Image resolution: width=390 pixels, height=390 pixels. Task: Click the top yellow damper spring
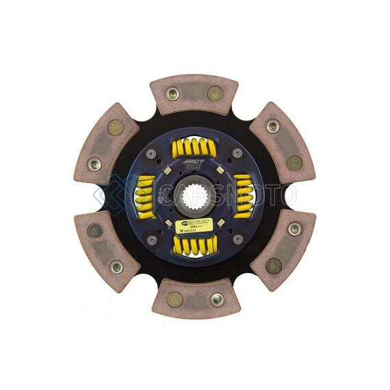[x=194, y=148]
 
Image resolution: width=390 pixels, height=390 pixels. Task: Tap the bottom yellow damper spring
[x=194, y=244]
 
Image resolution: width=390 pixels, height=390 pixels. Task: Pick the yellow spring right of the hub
[x=243, y=196]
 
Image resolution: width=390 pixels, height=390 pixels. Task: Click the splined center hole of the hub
[x=195, y=196]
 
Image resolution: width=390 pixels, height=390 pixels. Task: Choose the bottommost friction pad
[x=195, y=299]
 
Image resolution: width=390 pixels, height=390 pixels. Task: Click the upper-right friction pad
[x=283, y=144]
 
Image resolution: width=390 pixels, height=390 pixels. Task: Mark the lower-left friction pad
[x=107, y=248]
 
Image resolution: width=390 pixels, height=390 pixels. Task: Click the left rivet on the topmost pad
[x=173, y=94]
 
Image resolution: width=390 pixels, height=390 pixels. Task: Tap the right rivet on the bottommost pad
[x=216, y=299]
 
